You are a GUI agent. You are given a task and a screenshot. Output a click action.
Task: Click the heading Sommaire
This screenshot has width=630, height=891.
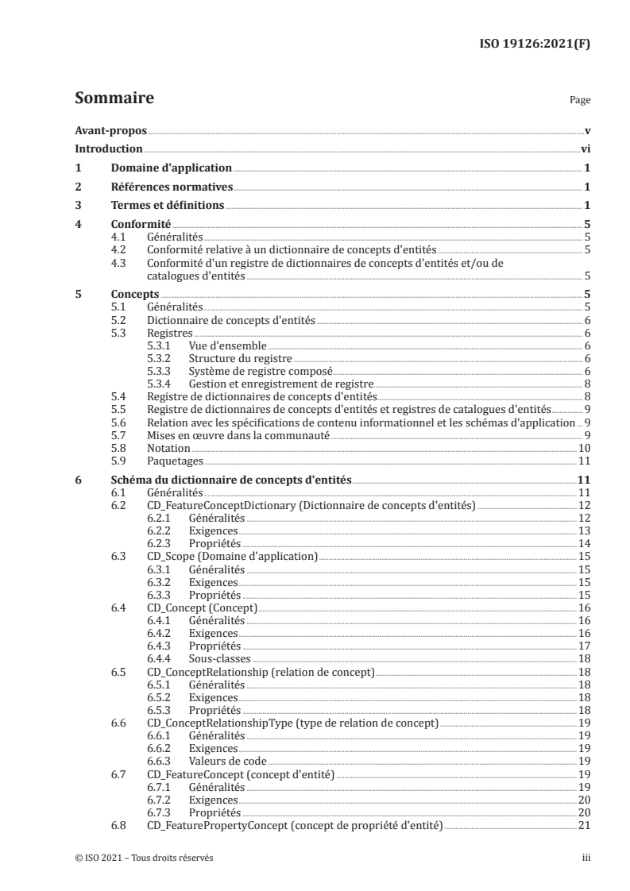click(x=114, y=99)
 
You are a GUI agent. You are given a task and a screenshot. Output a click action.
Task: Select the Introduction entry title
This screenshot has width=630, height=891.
click(x=108, y=149)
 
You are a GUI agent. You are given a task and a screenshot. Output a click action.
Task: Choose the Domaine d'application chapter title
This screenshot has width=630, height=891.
click(x=170, y=168)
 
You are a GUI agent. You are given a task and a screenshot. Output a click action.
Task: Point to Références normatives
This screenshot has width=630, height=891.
click(x=171, y=187)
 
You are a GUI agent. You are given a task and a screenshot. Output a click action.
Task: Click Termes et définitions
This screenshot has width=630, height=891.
click(x=167, y=206)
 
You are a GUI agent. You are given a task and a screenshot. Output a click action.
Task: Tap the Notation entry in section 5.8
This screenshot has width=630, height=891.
click(x=168, y=449)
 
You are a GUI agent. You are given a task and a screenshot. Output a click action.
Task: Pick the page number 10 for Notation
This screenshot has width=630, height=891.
click(x=583, y=449)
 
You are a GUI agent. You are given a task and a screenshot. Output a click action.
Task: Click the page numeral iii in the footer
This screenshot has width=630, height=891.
click(x=586, y=858)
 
